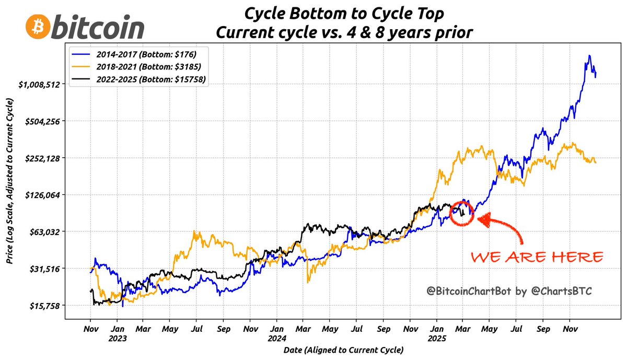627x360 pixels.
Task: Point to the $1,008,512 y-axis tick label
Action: [x=47, y=84]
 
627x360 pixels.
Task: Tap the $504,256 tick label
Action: [x=50, y=121]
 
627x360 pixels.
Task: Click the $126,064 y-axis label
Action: [x=50, y=194]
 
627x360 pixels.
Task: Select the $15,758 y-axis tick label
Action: [x=52, y=305]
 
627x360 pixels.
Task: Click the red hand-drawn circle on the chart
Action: [x=462, y=213]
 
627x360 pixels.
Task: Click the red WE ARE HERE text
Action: [x=537, y=257]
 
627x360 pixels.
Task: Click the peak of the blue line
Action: [x=589, y=56]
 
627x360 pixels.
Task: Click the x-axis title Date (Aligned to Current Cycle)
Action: [x=344, y=349]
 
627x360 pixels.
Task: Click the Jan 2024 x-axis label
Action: [x=276, y=334]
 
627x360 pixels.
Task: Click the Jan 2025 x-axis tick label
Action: [x=436, y=334]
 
